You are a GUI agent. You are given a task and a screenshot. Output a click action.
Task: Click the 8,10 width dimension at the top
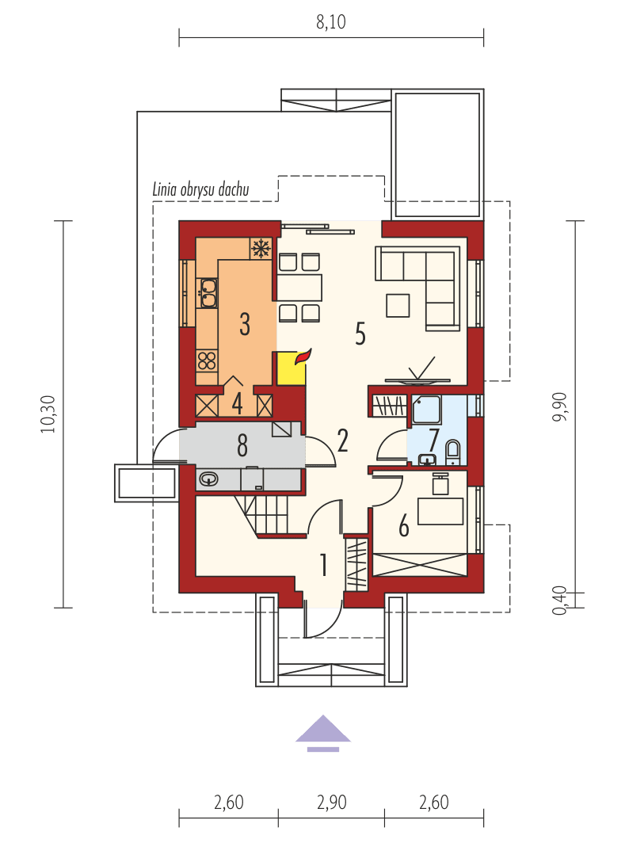pos(331,22)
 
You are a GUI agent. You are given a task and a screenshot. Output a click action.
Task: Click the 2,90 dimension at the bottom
pos(331,802)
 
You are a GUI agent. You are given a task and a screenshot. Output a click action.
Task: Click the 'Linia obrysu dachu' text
pos(200,189)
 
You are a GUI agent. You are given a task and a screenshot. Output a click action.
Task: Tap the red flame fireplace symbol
pos(303,357)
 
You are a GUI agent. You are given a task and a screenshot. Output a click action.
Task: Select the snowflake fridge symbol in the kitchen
pos(260,248)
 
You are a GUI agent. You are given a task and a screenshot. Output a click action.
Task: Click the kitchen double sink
pos(208,292)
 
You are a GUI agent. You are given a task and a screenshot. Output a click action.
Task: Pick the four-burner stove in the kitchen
pos(207,361)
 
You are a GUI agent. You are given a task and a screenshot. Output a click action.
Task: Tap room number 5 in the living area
pos(360,334)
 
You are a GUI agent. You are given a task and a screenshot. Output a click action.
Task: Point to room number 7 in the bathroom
pos(434,437)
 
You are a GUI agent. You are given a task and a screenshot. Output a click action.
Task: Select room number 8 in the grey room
pos(242,445)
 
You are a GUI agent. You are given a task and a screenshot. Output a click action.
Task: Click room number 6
pos(404,525)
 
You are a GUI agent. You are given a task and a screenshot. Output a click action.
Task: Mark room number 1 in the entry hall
pos(323,565)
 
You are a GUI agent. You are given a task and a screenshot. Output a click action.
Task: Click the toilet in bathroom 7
pos(452,453)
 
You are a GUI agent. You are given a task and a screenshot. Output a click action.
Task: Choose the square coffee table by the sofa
pos(398,305)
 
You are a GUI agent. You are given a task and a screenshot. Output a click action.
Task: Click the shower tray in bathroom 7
pos(429,412)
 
